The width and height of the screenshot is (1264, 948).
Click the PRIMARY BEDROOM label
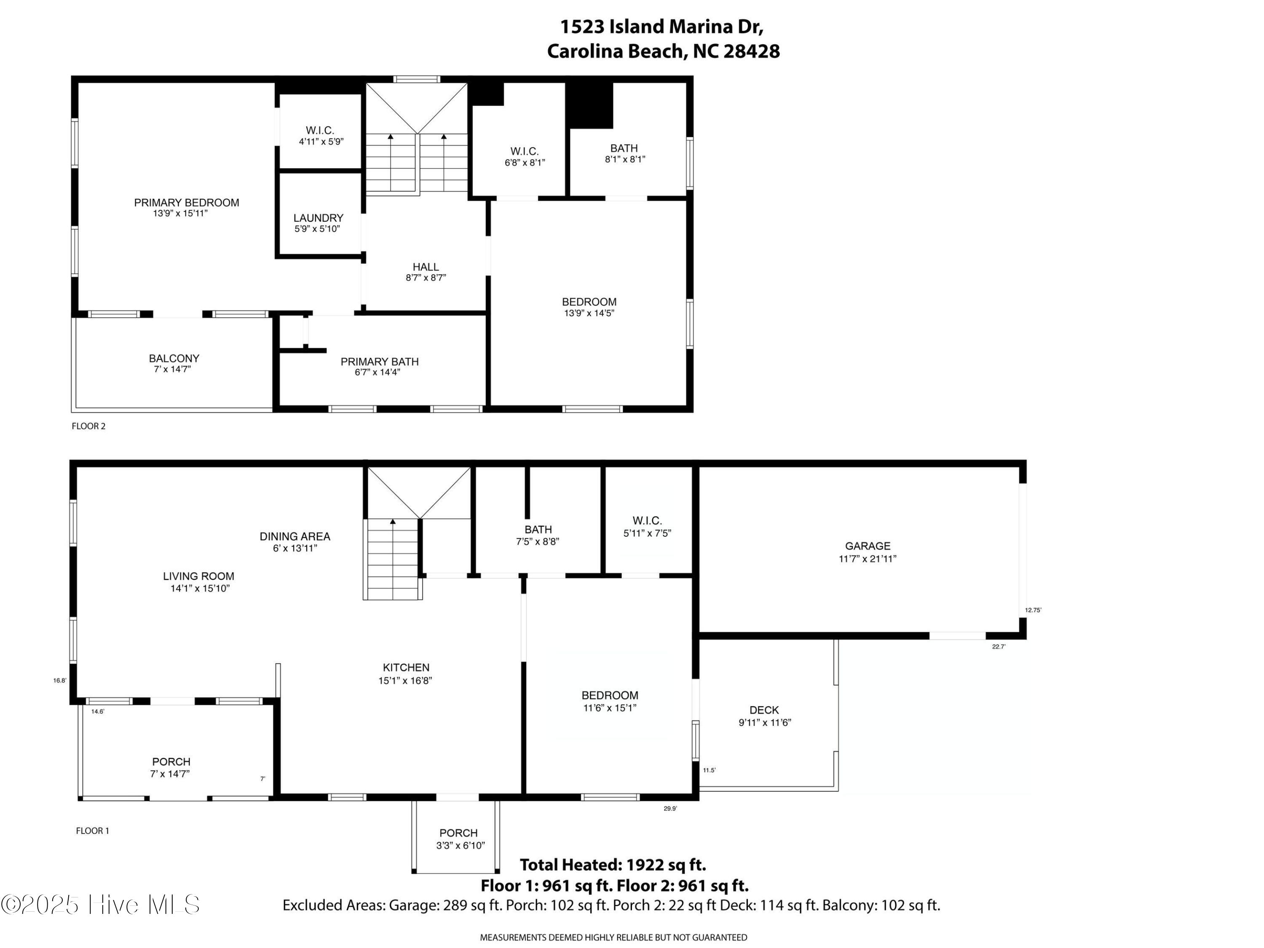coord(186,203)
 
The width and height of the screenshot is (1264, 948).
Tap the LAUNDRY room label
coord(318,218)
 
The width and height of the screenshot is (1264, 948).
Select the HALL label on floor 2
coord(426,267)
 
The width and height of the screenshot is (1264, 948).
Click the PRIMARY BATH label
coord(380,362)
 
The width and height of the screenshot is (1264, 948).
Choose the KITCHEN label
coord(406,667)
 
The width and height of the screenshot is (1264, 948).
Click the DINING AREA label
coord(295,537)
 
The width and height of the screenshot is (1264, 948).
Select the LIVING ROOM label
coord(198,576)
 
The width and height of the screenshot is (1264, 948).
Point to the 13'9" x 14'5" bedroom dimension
coord(589,313)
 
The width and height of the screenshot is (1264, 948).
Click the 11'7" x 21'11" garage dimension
coord(868,559)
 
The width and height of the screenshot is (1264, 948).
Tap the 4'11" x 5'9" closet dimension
coord(321,142)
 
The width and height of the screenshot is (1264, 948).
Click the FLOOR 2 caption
coord(88,426)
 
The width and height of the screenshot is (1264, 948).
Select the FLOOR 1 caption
coord(93,831)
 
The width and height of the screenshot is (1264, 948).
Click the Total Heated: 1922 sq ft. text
coord(613,865)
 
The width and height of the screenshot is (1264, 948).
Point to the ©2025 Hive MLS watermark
coord(101,905)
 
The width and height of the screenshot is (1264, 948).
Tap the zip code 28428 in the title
coord(751,51)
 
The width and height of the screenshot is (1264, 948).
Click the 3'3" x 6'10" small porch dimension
coord(461,846)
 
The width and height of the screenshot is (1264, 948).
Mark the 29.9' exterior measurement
coord(670,809)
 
